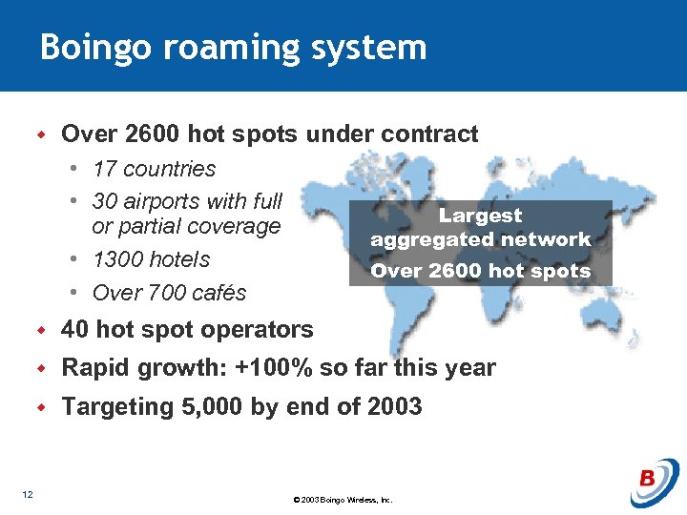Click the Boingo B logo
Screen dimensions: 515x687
(x=654, y=482)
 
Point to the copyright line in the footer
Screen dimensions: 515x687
(x=343, y=500)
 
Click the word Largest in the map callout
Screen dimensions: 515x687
(x=480, y=216)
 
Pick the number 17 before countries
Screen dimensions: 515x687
(x=105, y=170)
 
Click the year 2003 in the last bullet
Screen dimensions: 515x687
(x=391, y=407)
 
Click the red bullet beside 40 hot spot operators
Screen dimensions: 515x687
(x=41, y=330)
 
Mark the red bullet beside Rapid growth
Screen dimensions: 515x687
(x=41, y=368)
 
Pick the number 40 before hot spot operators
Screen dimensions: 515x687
(x=75, y=330)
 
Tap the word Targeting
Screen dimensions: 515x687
(x=115, y=407)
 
